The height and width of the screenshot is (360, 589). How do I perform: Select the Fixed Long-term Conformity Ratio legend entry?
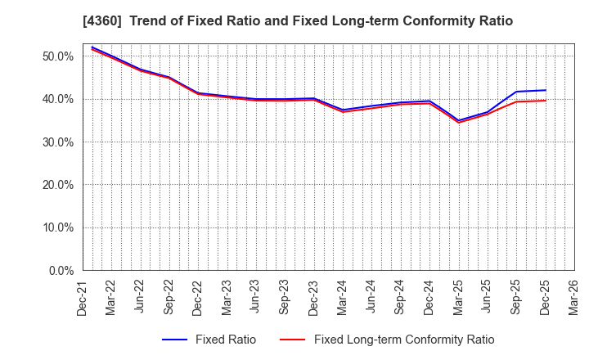coord(404,340)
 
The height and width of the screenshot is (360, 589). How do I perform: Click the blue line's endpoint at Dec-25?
coord(545,90)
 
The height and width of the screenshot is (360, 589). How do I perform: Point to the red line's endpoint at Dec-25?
coord(545,101)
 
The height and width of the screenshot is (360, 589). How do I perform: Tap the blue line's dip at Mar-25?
coord(458,120)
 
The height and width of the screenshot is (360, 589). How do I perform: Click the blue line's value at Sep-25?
coord(516,92)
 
